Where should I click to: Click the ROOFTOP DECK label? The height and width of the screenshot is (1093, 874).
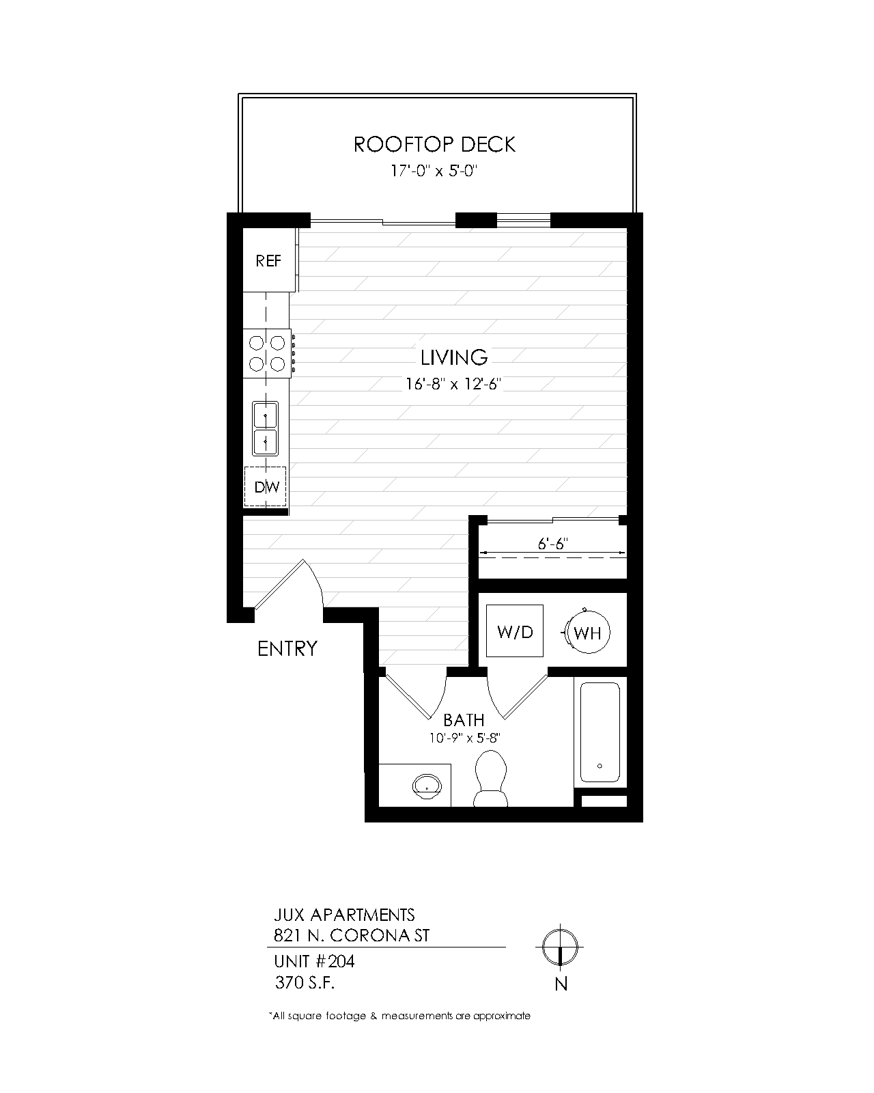pos(434,144)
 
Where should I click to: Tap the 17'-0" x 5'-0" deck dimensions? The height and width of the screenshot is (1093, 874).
pos(432,171)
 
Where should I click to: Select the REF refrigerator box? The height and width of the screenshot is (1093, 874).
pos(268,261)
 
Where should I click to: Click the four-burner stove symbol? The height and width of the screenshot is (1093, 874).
pos(268,352)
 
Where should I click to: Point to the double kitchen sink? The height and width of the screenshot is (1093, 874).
pos(265,428)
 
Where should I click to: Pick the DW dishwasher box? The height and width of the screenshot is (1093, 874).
pos(266,487)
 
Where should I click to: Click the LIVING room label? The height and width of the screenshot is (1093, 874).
pos(454,357)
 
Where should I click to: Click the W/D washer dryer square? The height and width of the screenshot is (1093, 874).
pos(515,632)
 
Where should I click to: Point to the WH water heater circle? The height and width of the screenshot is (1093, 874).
pos(587,633)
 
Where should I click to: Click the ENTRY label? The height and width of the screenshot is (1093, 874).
pos(287,648)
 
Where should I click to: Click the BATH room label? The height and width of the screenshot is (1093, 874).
pos(464,719)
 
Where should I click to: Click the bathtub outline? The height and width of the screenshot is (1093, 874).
pos(600,732)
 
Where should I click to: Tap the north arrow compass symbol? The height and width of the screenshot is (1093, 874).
pos(560,948)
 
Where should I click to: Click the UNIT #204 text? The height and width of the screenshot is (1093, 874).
pos(314,962)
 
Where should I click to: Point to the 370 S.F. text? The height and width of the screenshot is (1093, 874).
pos(305,984)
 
